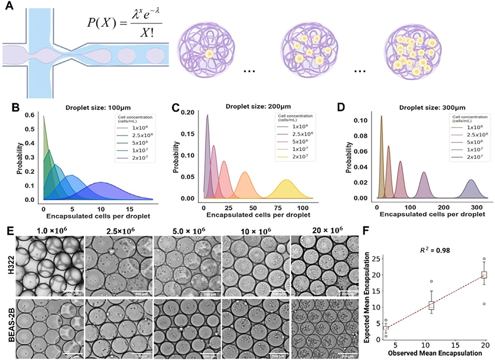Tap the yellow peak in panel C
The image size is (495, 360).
click(286, 181)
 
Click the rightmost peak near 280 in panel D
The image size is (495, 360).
click(471, 181)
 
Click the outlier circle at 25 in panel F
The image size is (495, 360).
click(484, 258)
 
